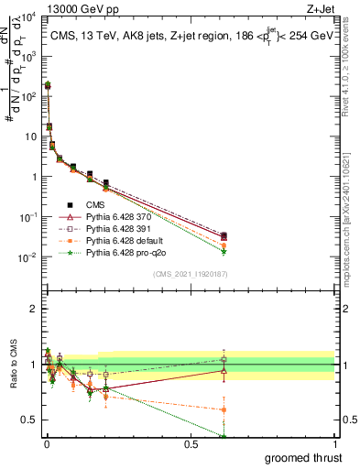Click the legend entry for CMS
(x=95, y=205)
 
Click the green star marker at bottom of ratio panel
(x=224, y=436)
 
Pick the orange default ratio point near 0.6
(x=224, y=409)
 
